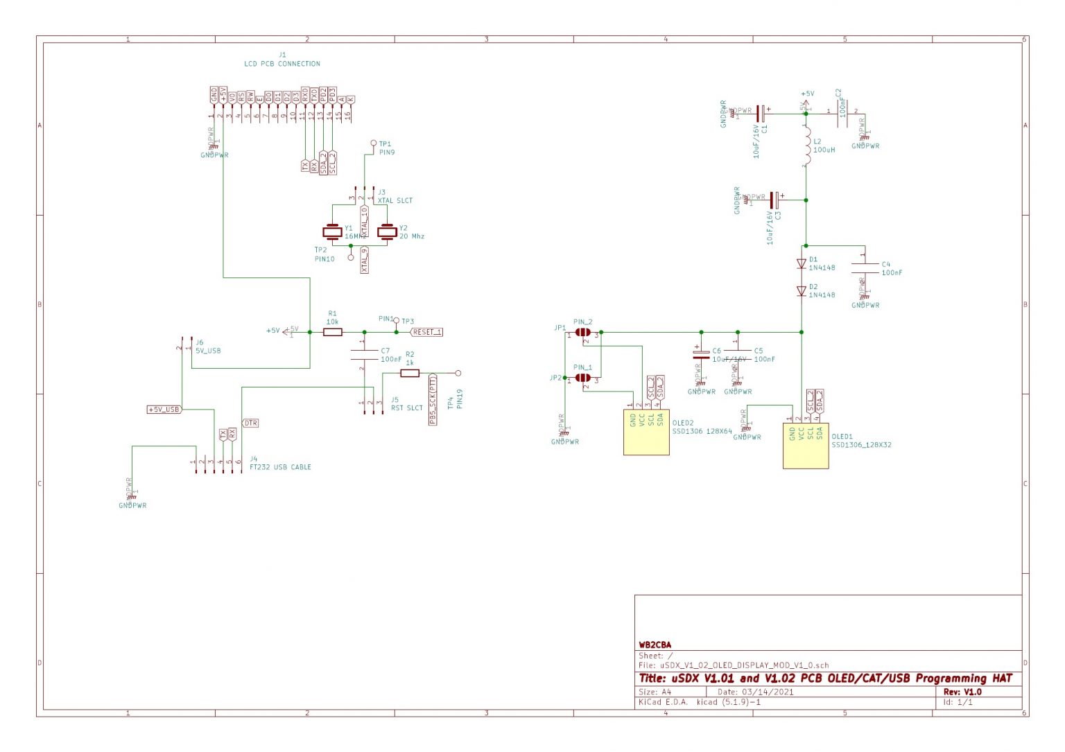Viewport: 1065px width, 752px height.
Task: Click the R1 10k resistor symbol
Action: coord(333,332)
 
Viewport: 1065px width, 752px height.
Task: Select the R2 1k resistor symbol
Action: coord(410,373)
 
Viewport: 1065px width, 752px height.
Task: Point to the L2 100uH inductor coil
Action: coord(806,146)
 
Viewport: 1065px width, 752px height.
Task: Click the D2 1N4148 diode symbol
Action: coord(802,291)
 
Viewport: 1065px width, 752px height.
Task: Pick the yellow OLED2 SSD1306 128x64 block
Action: coord(646,432)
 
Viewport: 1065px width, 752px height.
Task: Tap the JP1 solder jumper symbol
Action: coord(583,333)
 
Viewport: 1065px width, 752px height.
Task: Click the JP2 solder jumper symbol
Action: coord(583,378)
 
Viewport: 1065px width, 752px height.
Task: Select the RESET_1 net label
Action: coord(426,332)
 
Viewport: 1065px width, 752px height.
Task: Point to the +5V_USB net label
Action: coord(164,410)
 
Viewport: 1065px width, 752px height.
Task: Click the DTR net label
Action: coord(250,423)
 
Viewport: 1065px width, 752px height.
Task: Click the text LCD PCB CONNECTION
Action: coord(282,64)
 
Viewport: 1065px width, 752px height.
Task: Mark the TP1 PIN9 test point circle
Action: coord(373,143)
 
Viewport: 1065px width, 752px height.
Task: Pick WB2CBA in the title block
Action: coord(655,645)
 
